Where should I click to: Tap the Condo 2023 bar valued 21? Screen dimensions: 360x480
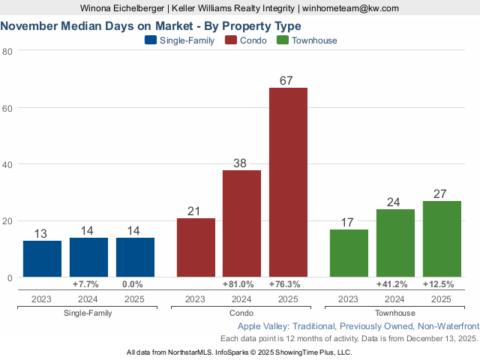[196, 247]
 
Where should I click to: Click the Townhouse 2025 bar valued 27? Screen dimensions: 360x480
[442, 239]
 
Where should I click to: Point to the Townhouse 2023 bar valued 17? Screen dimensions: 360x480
[349, 253]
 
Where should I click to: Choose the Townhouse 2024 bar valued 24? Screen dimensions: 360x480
[395, 243]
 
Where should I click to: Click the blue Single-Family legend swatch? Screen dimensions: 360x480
[151, 40]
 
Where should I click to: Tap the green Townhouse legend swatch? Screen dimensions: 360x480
[283, 40]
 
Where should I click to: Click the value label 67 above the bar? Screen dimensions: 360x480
[288, 80]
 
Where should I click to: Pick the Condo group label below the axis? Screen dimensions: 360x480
[241, 313]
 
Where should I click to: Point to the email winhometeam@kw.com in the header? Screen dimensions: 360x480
[351, 8]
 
